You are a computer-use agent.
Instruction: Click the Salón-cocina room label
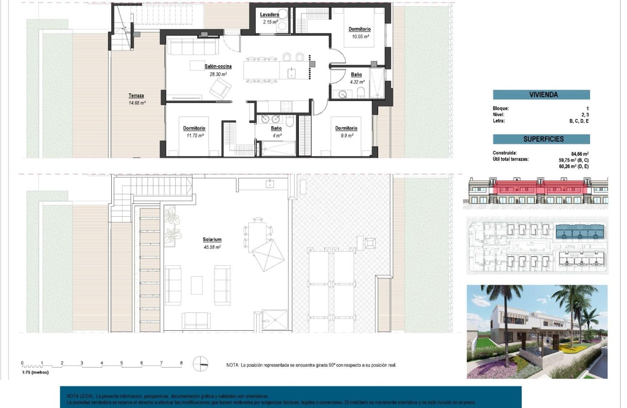218,67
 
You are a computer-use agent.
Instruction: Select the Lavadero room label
269,15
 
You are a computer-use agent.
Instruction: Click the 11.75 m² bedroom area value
194,136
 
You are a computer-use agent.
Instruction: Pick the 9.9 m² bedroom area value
346,136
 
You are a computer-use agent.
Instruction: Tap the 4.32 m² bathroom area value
356,82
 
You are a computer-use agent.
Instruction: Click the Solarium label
212,239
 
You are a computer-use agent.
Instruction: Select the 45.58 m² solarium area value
212,247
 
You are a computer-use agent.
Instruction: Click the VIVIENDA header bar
541,95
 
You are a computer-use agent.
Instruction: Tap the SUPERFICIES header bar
541,139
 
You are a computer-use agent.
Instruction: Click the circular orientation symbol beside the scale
201,363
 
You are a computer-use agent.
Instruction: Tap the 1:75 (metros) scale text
35,373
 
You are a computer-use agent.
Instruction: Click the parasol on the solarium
268,256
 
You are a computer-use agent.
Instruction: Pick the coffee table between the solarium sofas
197,285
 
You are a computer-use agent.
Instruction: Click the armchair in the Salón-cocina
221,89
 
